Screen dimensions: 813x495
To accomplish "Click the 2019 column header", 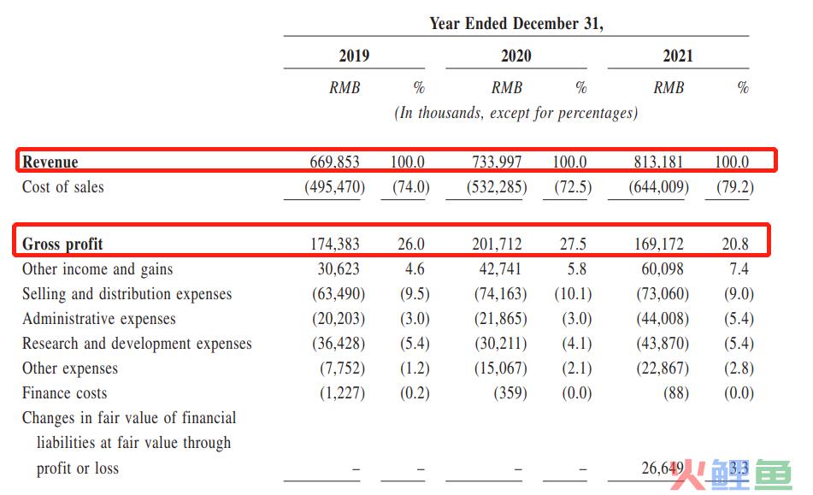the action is [x=354, y=56].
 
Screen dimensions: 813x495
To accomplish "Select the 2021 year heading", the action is [x=678, y=56].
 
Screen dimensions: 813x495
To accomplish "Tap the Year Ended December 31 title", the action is [x=516, y=24].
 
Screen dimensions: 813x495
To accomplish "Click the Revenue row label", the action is [x=50, y=162].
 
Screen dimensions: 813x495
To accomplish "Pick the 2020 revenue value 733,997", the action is [x=497, y=162].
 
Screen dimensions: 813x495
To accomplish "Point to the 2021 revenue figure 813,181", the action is [x=658, y=162].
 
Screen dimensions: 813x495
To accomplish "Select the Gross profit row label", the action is [x=62, y=244].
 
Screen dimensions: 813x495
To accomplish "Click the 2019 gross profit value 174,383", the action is [x=335, y=244].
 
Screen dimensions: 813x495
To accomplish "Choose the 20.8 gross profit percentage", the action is [x=735, y=244].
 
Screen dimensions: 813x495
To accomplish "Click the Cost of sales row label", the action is [x=62, y=186].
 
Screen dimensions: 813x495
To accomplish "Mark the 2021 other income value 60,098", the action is [x=663, y=268].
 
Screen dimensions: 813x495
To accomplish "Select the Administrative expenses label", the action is [x=99, y=319].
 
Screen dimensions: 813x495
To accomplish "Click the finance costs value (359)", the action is [x=510, y=393].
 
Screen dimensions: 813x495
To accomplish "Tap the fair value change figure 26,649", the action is [x=663, y=468].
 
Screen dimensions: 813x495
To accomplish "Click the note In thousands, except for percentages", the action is [x=515, y=113].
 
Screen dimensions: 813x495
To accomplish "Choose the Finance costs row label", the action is [x=65, y=393].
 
